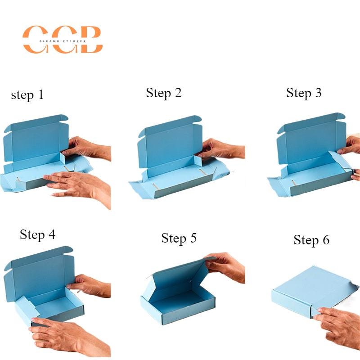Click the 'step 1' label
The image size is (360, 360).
(27, 95)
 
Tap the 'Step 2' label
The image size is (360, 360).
(164, 93)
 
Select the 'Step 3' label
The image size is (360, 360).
(304, 93)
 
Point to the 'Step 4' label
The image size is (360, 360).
(37, 234)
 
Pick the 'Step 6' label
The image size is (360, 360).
(311, 240)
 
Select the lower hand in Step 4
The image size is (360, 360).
(63, 335)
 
